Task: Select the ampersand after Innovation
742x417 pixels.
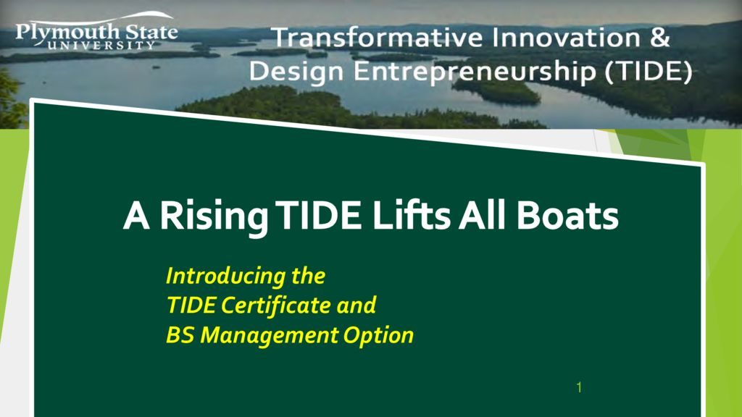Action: pos(659,38)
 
